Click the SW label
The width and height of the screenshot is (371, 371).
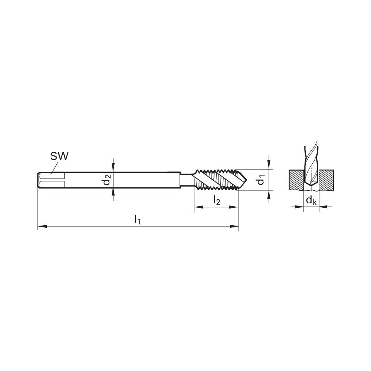point(59,156)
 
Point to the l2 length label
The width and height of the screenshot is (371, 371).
point(216,200)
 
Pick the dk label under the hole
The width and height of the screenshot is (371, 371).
point(311,201)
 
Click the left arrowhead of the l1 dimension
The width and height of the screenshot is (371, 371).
point(40,226)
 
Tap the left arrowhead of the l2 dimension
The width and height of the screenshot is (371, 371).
point(197,207)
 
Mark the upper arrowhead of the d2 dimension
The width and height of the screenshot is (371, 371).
point(113,169)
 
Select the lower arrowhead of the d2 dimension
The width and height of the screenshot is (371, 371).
point(113,192)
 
